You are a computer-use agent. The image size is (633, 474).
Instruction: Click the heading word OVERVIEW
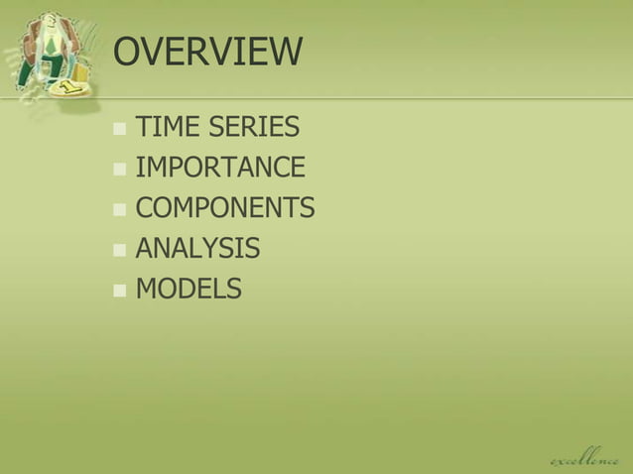click(x=207, y=53)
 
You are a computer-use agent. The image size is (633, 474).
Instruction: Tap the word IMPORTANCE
click(x=220, y=168)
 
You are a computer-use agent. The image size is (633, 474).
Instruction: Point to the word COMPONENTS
click(x=224, y=208)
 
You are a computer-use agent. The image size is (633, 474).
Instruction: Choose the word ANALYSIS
click(x=197, y=248)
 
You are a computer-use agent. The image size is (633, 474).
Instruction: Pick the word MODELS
click(x=188, y=289)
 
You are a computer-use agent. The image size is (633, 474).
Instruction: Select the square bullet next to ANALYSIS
click(x=120, y=250)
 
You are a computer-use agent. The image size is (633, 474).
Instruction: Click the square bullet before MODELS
click(x=120, y=291)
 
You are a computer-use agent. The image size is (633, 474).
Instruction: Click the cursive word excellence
click(x=584, y=457)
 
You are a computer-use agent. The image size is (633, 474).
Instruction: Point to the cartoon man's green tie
click(x=52, y=45)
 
